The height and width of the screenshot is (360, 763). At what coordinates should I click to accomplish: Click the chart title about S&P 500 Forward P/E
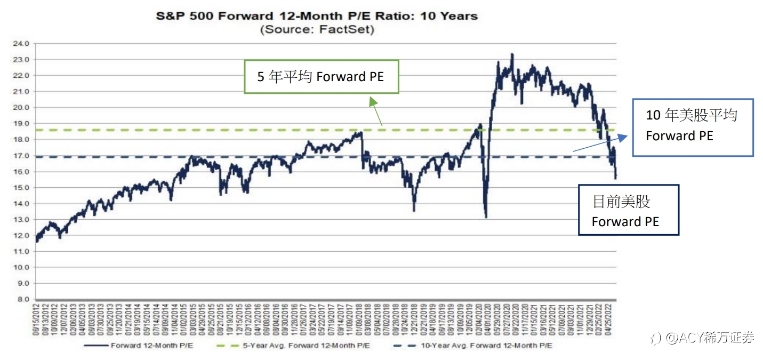(317, 16)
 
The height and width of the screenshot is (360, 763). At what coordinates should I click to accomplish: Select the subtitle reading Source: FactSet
(317, 29)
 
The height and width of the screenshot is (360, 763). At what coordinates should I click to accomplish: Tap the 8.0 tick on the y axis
(23, 299)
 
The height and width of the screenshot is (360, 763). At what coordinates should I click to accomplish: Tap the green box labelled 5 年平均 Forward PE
(321, 77)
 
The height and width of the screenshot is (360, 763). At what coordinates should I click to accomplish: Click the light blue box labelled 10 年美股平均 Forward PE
(692, 127)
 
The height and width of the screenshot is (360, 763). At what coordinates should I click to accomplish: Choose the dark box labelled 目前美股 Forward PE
(628, 210)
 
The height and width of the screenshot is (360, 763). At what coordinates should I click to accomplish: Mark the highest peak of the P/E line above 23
(512, 54)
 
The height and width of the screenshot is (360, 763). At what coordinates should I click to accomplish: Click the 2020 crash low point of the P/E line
(486, 217)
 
